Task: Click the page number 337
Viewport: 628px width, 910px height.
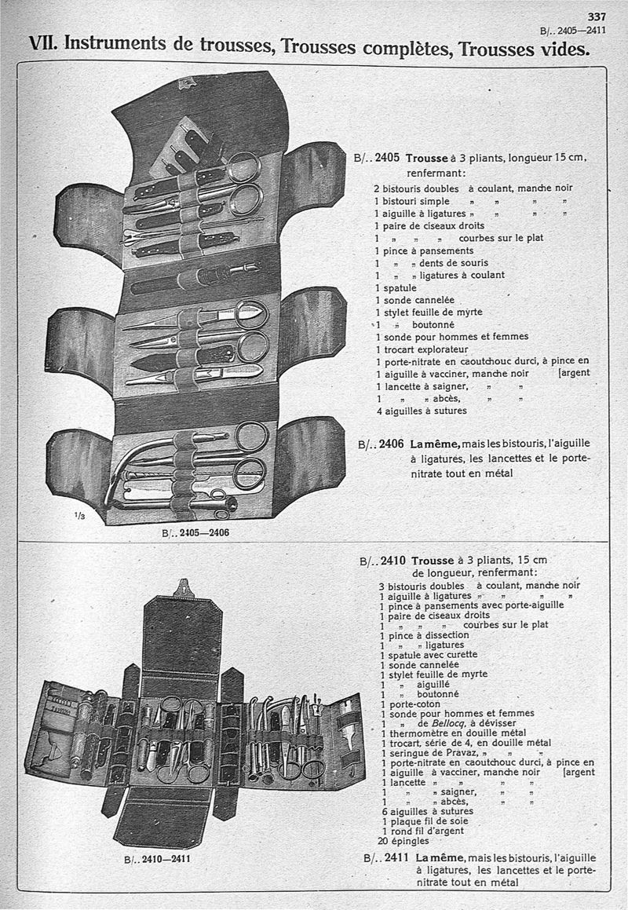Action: pos(597,16)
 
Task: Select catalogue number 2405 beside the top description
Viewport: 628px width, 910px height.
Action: pos(389,158)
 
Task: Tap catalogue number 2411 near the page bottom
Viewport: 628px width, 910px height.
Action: pos(398,857)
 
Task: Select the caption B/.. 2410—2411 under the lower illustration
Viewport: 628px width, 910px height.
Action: pos(158,859)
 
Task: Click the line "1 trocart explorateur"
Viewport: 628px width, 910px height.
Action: pos(421,349)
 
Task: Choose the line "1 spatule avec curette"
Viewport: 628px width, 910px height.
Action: pos(429,654)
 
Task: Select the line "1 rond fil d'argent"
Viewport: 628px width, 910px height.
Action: pos(422,831)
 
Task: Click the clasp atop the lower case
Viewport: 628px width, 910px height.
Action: pos(183,587)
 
